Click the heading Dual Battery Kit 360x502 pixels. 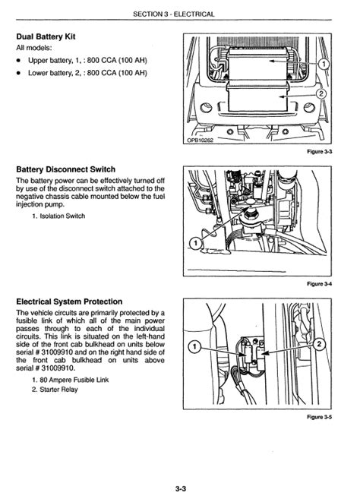46,36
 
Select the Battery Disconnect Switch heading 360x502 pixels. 65,169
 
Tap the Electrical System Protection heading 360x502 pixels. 69,302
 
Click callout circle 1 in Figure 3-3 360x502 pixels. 324,64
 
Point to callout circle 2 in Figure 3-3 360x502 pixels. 321,94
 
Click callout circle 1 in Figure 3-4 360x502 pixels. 195,244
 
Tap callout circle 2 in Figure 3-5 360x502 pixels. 319,345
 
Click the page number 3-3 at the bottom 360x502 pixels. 181,489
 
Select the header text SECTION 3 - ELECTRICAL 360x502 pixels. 174,14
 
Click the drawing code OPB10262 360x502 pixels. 201,140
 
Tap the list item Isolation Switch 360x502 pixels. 58,216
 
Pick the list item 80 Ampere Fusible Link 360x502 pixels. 70,380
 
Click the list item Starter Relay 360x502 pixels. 55,390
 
